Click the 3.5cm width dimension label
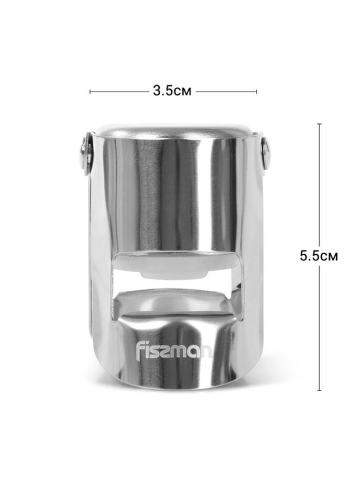tap(172, 91)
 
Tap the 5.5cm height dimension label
tap(319, 256)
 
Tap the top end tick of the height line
tap(319, 124)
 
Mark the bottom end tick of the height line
tap(319, 391)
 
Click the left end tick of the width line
tap(90, 91)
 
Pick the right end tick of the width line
tap(257, 91)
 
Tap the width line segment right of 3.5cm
tap(226, 91)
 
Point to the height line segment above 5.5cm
tap(319, 185)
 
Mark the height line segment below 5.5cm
tap(319, 327)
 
